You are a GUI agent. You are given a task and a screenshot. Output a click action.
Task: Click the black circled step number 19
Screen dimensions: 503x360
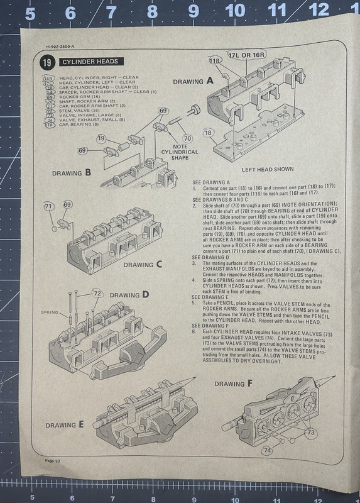[47, 62]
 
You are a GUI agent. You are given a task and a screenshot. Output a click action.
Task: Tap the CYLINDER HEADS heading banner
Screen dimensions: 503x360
[92, 62]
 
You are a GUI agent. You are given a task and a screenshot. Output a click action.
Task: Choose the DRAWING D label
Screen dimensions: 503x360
[129, 294]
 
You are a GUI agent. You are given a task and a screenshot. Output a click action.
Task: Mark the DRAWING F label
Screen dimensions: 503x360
[233, 383]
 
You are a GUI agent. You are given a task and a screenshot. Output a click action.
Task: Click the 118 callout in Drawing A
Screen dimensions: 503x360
[215, 61]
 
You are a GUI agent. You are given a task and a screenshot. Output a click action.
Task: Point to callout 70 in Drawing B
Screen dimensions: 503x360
[187, 138]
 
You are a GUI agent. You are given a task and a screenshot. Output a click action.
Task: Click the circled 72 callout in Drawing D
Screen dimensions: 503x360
[97, 294]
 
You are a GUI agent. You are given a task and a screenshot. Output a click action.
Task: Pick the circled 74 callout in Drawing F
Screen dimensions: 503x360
[267, 450]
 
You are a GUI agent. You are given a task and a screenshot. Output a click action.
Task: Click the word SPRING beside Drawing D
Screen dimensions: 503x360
[50, 312]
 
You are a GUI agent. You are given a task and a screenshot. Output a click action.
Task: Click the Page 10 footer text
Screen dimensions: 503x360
[52, 479]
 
